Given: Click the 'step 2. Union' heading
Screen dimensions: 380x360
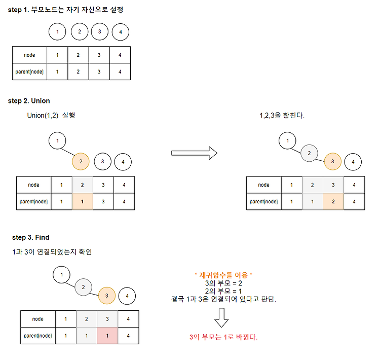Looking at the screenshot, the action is coord(29,101).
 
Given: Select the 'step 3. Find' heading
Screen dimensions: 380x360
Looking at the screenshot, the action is coord(31,237).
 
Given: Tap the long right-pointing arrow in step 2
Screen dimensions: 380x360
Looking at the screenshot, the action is coord(194,153).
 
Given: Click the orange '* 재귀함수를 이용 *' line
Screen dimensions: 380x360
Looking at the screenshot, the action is coord(223,275).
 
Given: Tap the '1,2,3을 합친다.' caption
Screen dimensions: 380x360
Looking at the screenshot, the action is coord(282,116).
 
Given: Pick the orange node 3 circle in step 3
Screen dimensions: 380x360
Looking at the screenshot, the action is coord(106,295).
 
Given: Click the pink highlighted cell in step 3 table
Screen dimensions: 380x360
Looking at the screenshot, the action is coord(107,335).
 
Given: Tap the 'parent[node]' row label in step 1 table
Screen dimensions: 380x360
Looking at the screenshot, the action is coord(29,71).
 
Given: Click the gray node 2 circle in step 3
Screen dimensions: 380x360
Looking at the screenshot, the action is coord(83,287).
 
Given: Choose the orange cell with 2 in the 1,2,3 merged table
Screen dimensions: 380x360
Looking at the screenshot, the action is coord(332,201).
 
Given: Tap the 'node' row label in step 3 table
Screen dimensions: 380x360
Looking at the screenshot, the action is coord(38,319).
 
